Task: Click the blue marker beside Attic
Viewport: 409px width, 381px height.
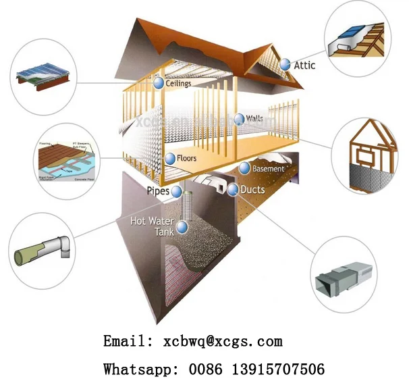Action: [285, 64]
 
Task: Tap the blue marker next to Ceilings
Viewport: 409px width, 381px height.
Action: [159, 83]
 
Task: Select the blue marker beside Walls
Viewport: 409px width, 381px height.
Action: [238, 119]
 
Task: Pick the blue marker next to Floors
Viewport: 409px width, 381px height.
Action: [170, 159]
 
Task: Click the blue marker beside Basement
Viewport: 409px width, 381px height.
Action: [244, 168]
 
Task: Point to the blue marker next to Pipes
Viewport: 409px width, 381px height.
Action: [176, 191]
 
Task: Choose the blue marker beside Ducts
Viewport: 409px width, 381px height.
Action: [233, 190]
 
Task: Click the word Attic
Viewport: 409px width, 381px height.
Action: [305, 65]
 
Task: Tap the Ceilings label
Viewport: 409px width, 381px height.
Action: [179, 84]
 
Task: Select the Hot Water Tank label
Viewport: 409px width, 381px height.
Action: [153, 226]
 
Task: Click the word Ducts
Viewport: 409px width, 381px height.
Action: [253, 190]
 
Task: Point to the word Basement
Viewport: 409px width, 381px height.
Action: [269, 168]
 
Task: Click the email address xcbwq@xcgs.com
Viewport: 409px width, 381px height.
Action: [223, 341]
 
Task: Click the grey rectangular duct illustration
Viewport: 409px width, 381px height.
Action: [344, 276]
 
